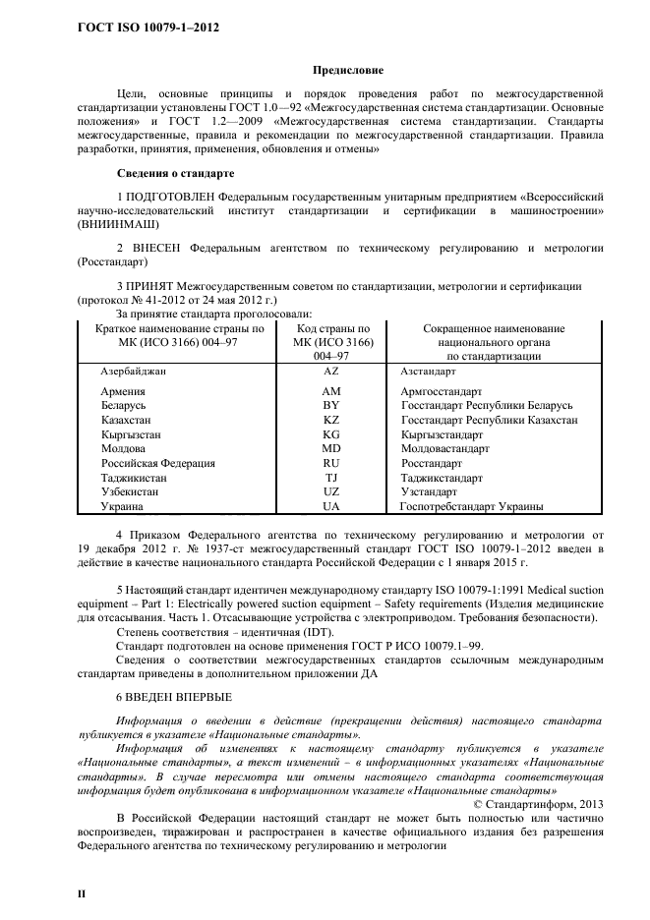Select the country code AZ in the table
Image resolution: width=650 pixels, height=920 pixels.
pos(331,374)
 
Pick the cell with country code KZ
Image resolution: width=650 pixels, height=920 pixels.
pos(331,420)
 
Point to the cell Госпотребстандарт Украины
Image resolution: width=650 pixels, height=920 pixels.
pos(472,506)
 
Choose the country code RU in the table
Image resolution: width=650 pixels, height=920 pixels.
pos(331,463)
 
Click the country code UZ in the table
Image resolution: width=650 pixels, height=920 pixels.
pos(331,491)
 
